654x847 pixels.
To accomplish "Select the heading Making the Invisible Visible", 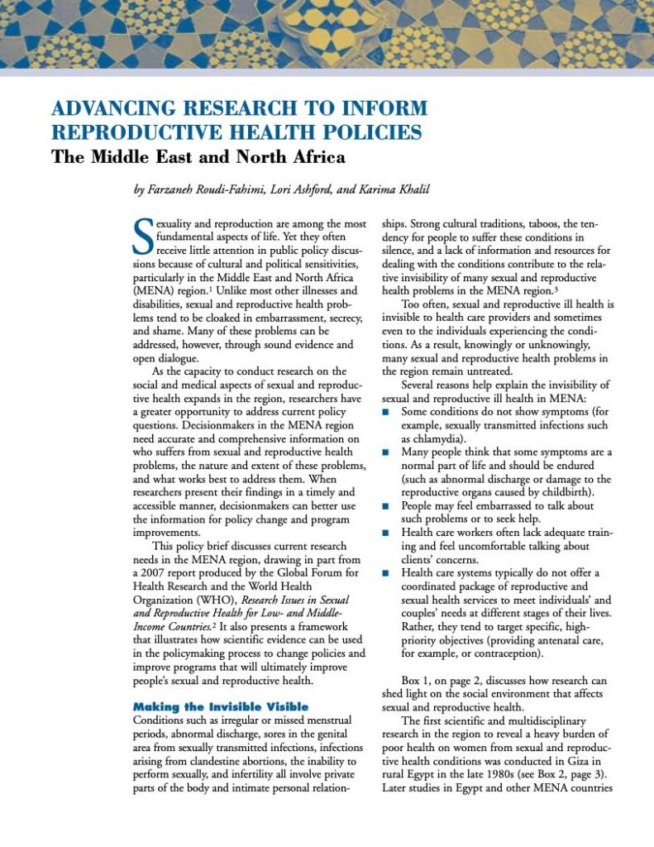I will (x=221, y=706).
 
